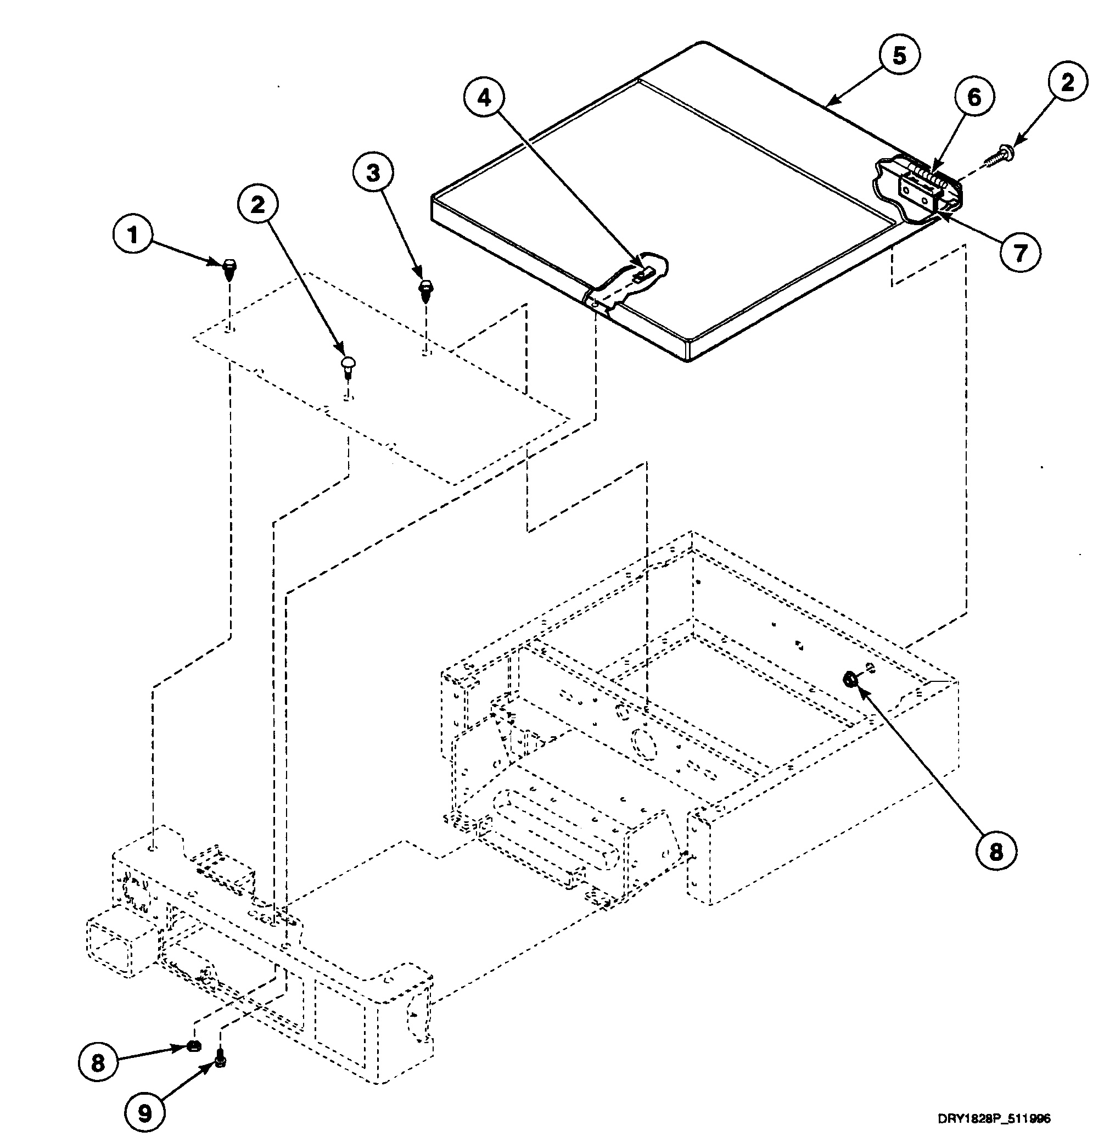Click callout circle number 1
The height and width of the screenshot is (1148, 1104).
pyautogui.click(x=132, y=235)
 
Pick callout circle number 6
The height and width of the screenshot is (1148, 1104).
pyautogui.click(x=973, y=98)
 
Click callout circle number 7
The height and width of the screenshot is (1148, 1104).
pyautogui.click(x=1019, y=253)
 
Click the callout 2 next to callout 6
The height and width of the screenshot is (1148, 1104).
pyautogui.click(x=1068, y=82)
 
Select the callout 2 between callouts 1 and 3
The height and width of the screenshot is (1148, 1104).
pyautogui.click(x=257, y=204)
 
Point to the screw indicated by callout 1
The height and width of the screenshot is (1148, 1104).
pyautogui.click(x=229, y=269)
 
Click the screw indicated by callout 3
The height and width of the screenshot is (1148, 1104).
pyautogui.click(x=425, y=289)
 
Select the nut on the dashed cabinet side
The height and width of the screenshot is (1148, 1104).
pyautogui.click(x=850, y=680)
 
